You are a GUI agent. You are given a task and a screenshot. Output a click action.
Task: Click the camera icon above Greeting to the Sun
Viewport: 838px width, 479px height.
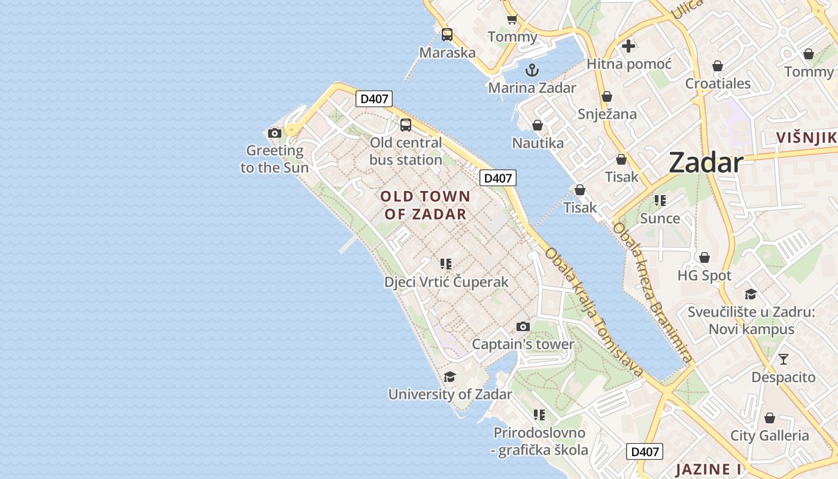point(275,133)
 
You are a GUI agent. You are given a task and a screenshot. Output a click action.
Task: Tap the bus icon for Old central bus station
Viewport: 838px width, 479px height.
point(406,125)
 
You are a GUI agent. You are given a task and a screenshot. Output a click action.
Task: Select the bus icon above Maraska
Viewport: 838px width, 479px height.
point(447,35)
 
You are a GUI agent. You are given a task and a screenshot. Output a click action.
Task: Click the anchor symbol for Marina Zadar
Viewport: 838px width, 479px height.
point(532,71)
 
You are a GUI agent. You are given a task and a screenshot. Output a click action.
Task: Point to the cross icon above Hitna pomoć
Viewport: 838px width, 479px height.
point(628,46)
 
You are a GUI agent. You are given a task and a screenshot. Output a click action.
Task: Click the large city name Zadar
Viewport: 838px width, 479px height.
point(706,162)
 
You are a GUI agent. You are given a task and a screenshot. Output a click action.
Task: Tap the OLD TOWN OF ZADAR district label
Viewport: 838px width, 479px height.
point(425,205)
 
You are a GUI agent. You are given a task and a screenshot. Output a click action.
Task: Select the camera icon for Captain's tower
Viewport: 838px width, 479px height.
point(523,327)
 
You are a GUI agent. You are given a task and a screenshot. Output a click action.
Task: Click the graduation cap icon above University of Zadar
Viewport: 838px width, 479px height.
point(450,377)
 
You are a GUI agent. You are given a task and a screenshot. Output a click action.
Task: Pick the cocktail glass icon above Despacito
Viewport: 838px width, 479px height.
point(783,359)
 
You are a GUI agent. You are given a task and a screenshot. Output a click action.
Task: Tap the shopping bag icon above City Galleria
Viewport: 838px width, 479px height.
point(769,418)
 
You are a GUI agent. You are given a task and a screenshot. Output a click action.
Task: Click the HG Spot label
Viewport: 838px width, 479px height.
point(705,275)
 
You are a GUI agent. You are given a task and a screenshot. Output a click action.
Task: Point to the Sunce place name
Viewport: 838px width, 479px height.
point(660,219)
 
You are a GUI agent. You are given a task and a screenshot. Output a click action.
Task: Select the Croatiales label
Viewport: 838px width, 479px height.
point(718,84)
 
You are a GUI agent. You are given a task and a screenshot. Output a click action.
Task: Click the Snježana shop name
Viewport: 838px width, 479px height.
point(607,114)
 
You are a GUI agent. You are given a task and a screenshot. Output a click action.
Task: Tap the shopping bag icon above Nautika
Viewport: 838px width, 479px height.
point(537,126)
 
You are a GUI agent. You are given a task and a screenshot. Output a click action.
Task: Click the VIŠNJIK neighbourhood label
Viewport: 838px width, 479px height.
point(806,138)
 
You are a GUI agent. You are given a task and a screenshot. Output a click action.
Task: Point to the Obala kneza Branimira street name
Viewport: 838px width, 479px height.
point(652,293)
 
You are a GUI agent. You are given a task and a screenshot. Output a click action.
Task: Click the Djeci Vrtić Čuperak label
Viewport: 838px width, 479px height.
point(446,282)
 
